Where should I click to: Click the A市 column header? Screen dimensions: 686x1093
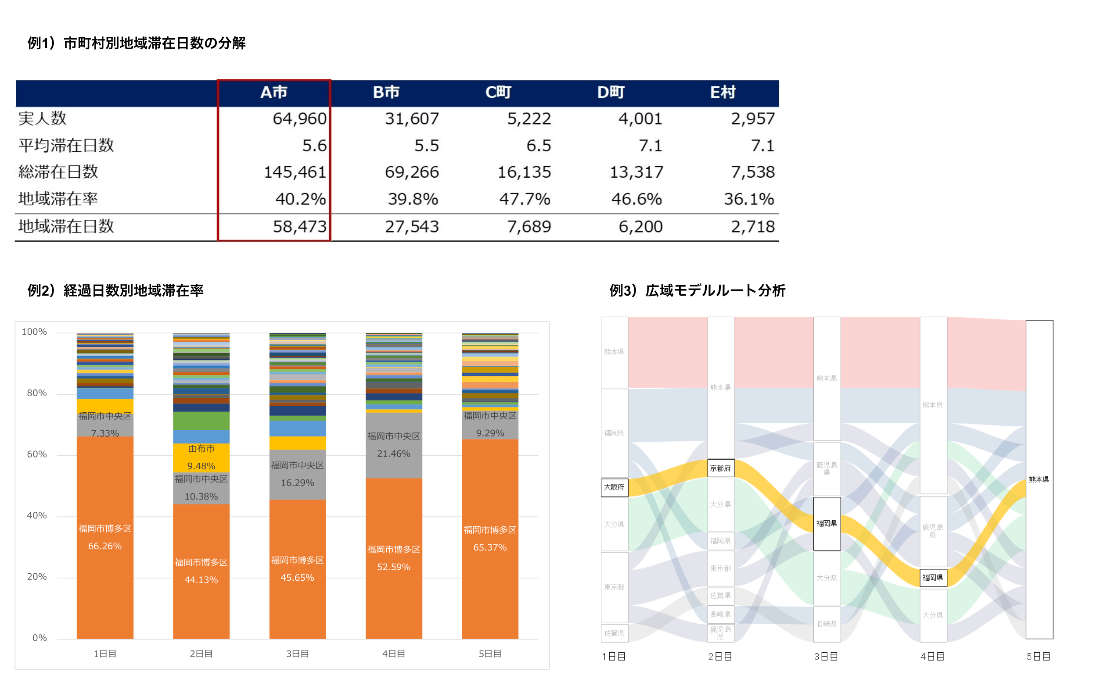pos(274,93)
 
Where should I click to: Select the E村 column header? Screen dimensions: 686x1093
pos(722,93)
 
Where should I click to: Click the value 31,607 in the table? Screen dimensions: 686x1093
pos(412,119)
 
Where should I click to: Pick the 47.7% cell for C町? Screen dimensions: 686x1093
pos(524,199)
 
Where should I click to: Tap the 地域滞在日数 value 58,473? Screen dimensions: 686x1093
pos(299,226)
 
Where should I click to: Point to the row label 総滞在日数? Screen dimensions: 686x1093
pos(58,172)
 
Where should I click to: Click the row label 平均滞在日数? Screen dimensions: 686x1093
pos(66,146)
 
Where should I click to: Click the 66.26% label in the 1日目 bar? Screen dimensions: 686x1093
pos(105,546)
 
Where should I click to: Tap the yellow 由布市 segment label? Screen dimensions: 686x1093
pos(201,449)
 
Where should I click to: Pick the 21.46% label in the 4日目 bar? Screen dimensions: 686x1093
pos(394,454)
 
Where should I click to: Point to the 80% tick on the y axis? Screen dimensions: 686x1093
pos(37,393)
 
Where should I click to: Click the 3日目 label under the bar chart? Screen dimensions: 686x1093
pos(297,654)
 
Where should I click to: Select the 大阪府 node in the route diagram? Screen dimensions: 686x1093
pos(614,487)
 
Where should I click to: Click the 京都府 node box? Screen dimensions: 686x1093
pos(720,468)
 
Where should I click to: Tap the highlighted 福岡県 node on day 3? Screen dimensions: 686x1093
pos(827,524)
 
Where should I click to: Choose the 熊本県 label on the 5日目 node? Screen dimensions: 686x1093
pos(1039,479)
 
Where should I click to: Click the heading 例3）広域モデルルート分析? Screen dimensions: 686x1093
pos(697,290)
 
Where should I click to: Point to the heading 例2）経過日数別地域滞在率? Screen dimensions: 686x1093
pos(115,290)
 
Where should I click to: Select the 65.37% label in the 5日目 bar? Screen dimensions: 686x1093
pos(490,548)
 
